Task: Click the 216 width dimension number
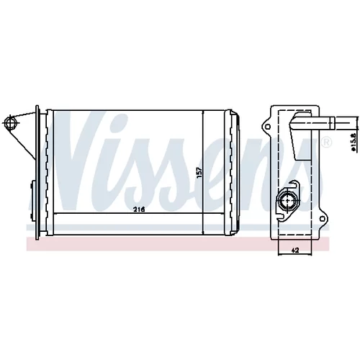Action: (139, 210)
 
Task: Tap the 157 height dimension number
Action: (199, 173)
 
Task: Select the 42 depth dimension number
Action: (295, 251)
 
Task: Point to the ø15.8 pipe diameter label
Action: (353, 141)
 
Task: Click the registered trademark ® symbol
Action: (326, 143)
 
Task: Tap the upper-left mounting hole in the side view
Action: (268, 127)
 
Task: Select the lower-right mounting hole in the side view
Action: (323, 218)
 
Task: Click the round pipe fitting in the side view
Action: (287, 200)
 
